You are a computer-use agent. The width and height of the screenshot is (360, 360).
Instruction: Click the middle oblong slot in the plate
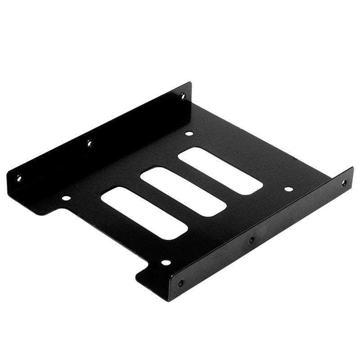[183, 192]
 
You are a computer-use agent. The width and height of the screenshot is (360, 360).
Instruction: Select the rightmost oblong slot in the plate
[220, 171]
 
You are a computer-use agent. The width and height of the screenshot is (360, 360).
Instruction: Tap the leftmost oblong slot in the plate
[144, 213]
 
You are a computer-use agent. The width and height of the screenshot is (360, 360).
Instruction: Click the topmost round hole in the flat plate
[189, 133]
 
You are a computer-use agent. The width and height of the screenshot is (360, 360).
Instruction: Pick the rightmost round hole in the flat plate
[288, 189]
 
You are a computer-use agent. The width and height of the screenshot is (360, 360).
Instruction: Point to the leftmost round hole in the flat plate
[66, 198]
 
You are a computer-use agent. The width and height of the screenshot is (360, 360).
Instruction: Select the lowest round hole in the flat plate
[166, 262]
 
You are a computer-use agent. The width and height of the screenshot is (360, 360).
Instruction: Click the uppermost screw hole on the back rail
[183, 95]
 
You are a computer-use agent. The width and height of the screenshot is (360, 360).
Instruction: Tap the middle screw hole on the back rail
[89, 144]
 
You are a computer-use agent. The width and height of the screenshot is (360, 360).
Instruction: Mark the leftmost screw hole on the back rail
[18, 178]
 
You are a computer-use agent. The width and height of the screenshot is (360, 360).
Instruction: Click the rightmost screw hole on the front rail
[344, 183]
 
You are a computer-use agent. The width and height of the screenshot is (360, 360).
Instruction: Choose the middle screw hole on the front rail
[252, 239]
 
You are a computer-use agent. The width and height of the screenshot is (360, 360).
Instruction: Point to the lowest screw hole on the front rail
[180, 283]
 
